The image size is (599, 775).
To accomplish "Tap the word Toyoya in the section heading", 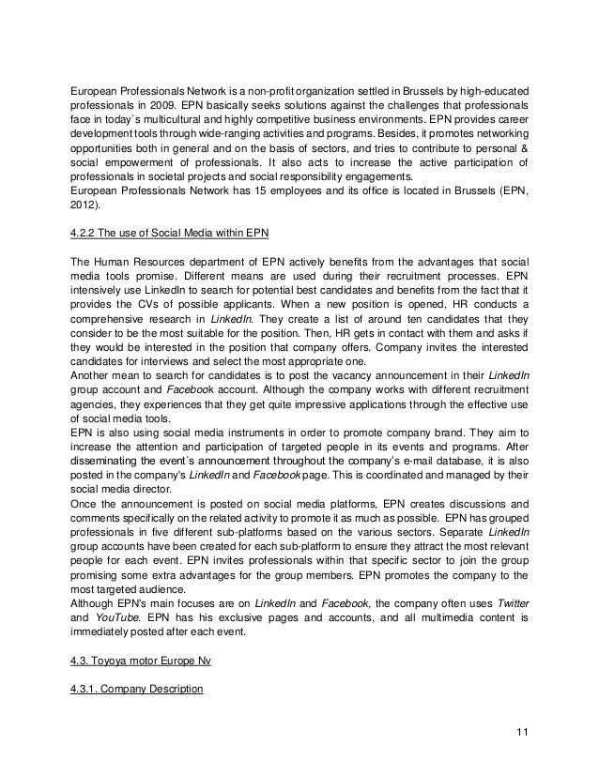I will (x=116, y=661).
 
